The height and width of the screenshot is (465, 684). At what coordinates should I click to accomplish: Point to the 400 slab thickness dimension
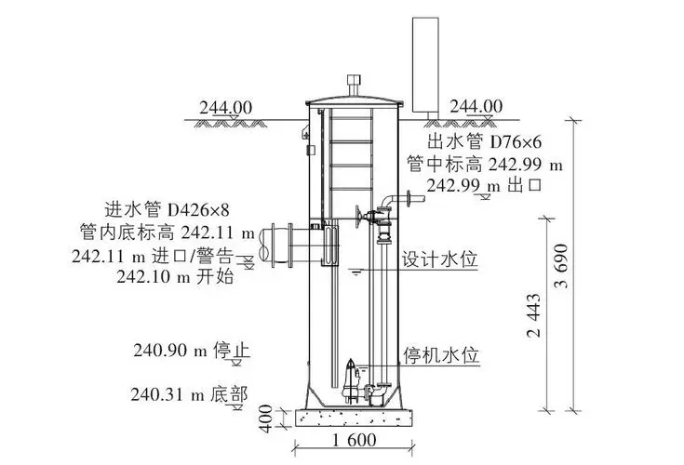[x=266, y=418]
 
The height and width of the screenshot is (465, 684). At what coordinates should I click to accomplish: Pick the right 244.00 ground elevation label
[x=476, y=107]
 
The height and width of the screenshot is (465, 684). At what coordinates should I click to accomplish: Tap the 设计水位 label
[x=439, y=259]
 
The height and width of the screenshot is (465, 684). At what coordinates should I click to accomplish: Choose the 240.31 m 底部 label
[x=191, y=394]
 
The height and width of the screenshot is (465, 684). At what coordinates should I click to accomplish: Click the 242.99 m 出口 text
[x=484, y=185]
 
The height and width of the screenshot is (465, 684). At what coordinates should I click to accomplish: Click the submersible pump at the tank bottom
[x=355, y=382]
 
